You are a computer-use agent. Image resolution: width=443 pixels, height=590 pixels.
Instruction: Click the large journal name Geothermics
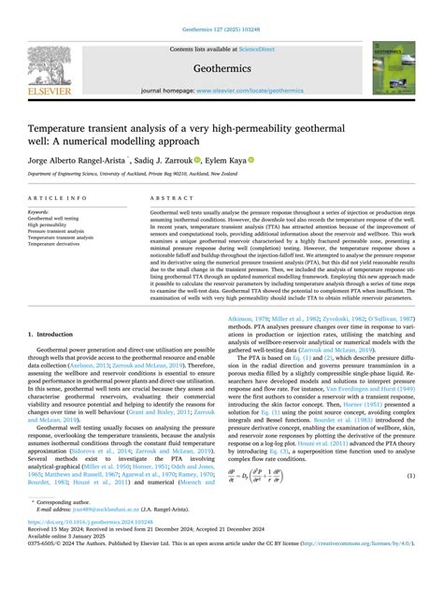[x=221, y=68]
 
